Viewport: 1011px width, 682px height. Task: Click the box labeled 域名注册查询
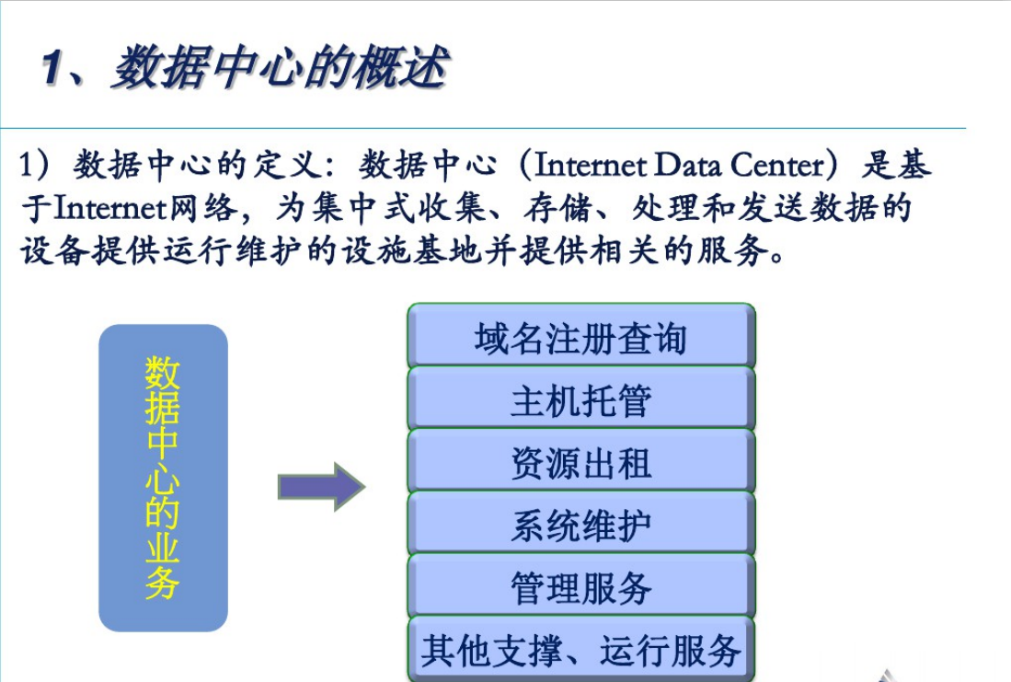tap(581, 336)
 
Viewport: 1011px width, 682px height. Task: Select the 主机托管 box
tap(581, 399)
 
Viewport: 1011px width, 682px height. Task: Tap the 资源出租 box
tap(581, 461)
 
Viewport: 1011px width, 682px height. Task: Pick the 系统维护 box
tap(581, 524)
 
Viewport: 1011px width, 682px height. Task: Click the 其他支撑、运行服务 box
tap(581, 649)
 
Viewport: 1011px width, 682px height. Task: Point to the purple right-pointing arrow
tap(322, 487)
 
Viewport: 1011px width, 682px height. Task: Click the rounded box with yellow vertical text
tap(163, 478)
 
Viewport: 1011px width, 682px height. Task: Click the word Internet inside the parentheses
tap(590, 165)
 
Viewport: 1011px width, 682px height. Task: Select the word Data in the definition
tap(687, 165)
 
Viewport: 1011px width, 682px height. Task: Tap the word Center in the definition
tap(777, 165)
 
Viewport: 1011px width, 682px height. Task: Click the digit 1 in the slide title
tap(52, 68)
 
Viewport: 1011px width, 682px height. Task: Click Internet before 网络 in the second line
tap(110, 208)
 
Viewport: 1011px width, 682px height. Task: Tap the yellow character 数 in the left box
tap(163, 373)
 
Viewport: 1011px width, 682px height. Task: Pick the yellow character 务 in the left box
tap(163, 583)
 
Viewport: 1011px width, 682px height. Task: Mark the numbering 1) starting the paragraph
tap(33, 165)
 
